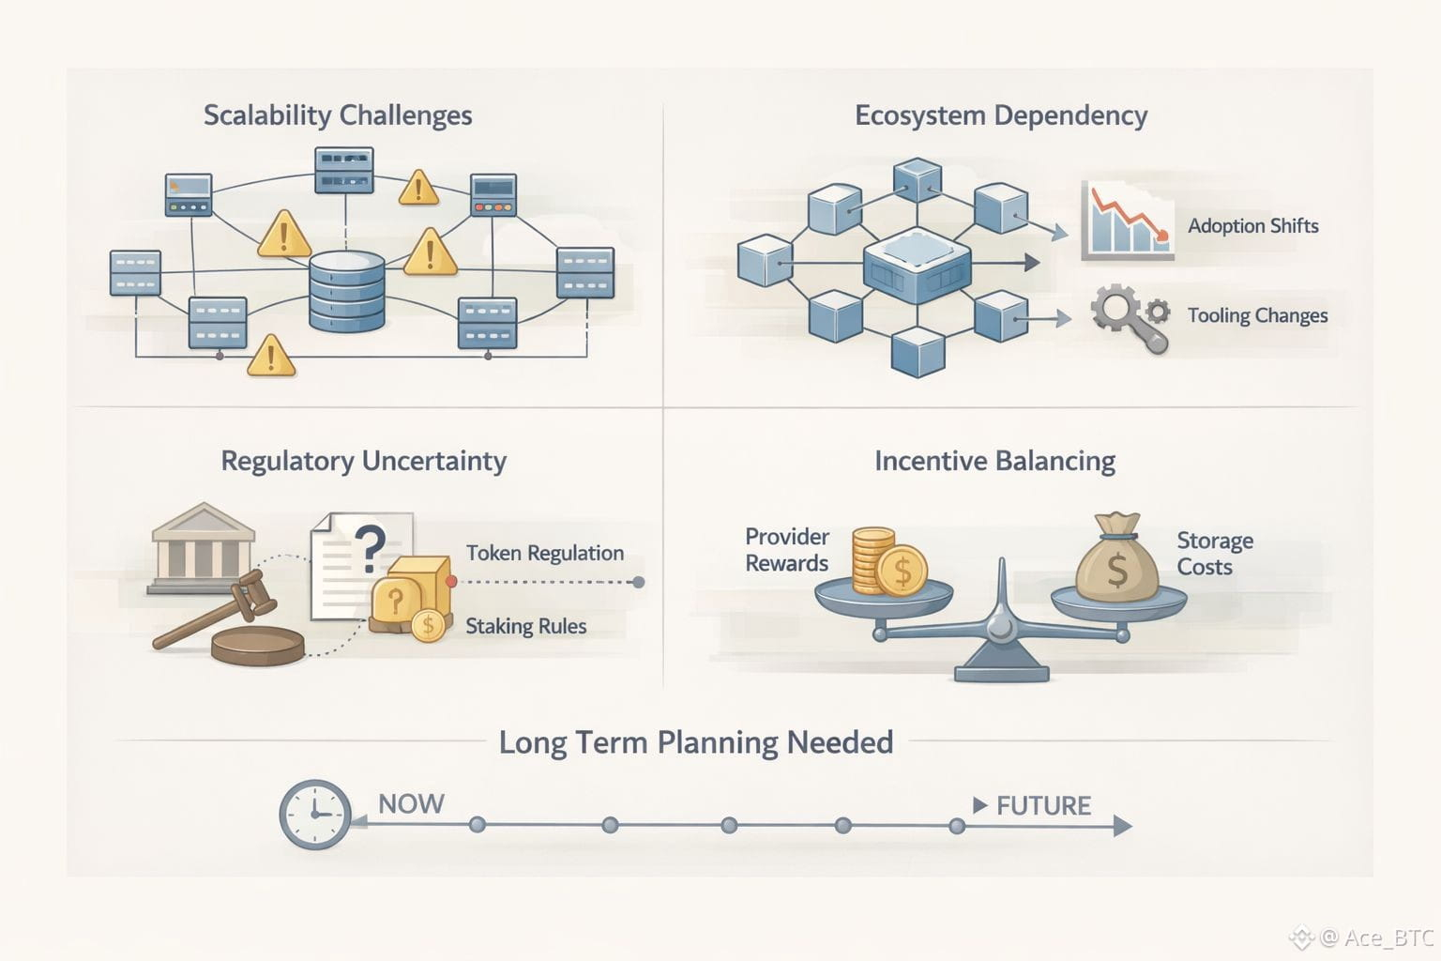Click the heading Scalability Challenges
tap(338, 115)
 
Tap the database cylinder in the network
tap(346, 291)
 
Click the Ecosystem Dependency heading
tap(1001, 115)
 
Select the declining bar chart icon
tap(1127, 221)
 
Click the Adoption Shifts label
tap(1252, 225)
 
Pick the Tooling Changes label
tap(1257, 315)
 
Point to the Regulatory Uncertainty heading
tap(363, 461)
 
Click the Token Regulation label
tap(544, 553)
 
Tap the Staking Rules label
tap(525, 626)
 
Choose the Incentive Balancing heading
tap(994, 461)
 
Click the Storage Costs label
tap(1214, 554)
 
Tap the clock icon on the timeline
tap(315, 815)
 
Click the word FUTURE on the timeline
tap(1043, 805)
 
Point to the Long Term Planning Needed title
tap(695, 742)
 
